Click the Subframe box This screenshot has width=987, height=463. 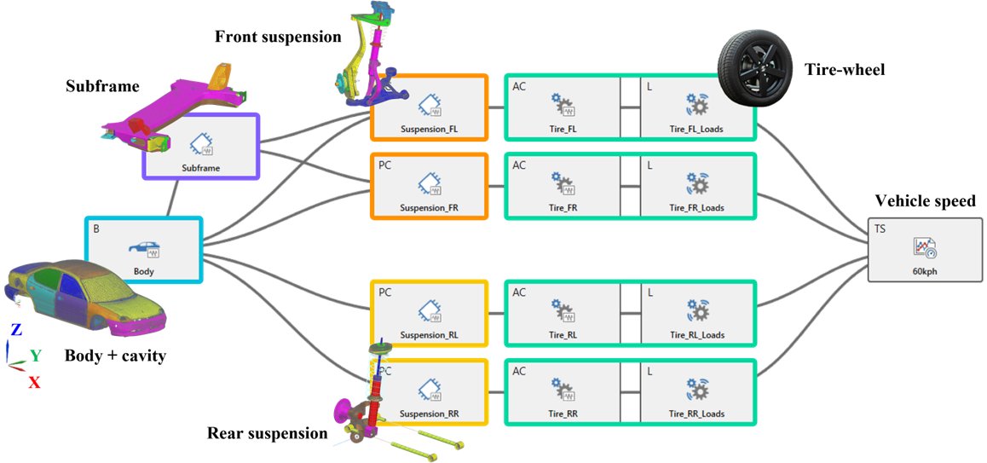point(201,148)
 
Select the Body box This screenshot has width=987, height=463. point(143,250)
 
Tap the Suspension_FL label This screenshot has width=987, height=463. point(429,130)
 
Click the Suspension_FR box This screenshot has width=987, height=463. point(429,187)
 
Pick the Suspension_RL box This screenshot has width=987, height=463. point(429,313)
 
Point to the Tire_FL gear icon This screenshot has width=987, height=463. point(563,104)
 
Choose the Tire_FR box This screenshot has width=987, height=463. point(563,187)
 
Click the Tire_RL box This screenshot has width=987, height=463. point(563,313)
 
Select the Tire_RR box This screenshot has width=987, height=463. point(563,392)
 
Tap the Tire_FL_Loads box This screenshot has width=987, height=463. point(696,107)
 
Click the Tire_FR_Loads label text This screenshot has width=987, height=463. point(696,207)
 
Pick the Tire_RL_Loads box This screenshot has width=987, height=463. point(696,313)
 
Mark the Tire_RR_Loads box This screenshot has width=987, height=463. point(696,392)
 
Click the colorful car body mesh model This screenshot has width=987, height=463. point(85,298)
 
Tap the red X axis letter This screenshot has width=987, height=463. point(34,382)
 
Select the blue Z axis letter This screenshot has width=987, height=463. point(15,329)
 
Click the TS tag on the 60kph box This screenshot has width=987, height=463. point(880,229)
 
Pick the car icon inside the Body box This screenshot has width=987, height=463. point(143,248)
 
